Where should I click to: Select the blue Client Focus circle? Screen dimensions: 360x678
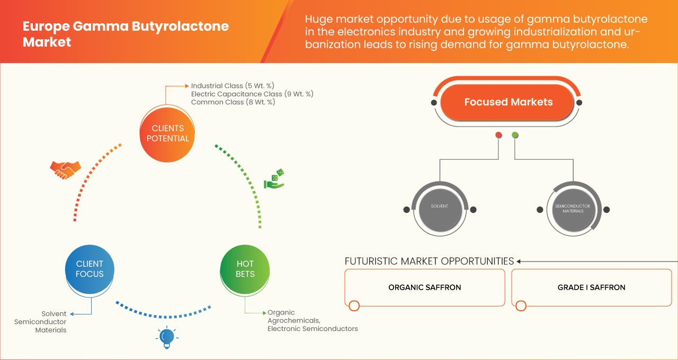(x=90, y=269)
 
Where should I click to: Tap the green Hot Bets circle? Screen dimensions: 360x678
(x=245, y=269)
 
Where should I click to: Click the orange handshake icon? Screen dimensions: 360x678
(x=65, y=169)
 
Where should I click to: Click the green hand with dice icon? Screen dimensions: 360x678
(x=274, y=179)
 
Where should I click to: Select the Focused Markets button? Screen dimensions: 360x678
(x=508, y=102)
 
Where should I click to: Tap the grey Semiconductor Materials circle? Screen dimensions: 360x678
(x=573, y=208)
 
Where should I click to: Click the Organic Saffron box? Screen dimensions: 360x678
(x=425, y=287)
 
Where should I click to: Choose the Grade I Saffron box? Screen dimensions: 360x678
(x=591, y=287)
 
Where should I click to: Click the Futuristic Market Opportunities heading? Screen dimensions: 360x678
(x=429, y=261)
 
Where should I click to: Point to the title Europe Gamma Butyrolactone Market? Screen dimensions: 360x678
(x=126, y=34)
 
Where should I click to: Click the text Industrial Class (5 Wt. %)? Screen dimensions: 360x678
(x=233, y=86)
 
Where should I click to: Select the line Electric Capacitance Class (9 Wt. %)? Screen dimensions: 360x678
(x=252, y=94)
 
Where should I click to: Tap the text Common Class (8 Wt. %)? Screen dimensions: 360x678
(x=233, y=102)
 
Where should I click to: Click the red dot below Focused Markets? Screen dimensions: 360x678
(x=498, y=136)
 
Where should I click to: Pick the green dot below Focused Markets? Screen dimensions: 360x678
(x=515, y=136)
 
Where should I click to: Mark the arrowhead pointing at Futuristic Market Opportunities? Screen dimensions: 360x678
(x=520, y=261)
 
